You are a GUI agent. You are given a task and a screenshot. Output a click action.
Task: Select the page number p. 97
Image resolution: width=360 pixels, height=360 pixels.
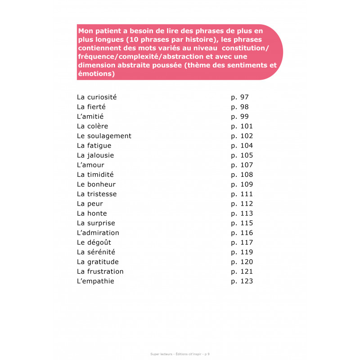tap(240, 97)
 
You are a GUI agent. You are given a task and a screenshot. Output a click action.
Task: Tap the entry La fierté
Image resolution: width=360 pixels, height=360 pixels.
tap(91, 107)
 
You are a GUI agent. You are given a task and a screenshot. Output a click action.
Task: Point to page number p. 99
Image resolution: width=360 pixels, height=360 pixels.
tap(240, 117)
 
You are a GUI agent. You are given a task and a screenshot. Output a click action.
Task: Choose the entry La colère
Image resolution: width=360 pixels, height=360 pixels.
tap(93, 126)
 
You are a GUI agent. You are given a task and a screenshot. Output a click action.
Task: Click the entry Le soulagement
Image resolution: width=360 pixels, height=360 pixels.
tap(104, 136)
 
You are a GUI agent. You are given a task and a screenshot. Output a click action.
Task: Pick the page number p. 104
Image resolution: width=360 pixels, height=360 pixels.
tap(242, 146)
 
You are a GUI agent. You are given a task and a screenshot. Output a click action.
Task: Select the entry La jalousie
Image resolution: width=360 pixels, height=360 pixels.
tap(95, 155)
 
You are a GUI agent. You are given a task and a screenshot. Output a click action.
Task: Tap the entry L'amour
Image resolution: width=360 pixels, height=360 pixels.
tap(90, 165)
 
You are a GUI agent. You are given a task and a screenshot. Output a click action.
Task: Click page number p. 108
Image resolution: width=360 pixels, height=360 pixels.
tap(242, 175)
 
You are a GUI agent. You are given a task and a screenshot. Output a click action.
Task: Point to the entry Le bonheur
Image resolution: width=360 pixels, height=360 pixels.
tap(96, 184)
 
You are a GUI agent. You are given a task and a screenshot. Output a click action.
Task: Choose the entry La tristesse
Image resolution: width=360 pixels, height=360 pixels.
tap(97, 194)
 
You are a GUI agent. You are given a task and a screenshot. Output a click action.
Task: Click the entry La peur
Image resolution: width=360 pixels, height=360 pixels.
tap(90, 204)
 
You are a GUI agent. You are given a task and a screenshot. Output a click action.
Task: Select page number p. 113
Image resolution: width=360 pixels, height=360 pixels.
tap(242, 213)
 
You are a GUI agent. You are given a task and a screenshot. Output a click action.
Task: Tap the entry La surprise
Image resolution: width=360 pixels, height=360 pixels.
tap(96, 223)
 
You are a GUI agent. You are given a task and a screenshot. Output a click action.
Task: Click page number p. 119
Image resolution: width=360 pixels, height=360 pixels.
tap(242, 252)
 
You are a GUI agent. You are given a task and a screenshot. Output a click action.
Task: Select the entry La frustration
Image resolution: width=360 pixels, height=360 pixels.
tap(100, 271)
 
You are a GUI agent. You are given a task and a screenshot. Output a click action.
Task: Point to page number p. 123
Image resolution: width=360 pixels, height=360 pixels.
tap(242, 281)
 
